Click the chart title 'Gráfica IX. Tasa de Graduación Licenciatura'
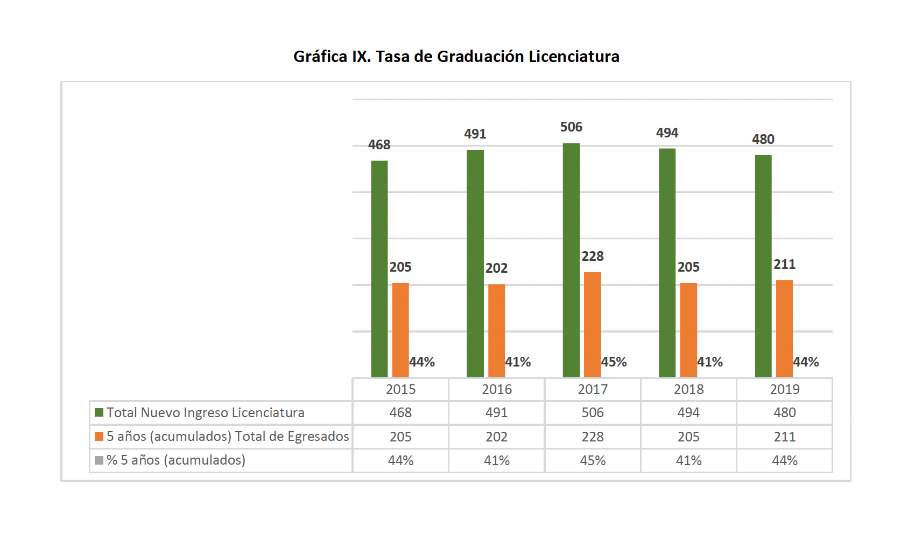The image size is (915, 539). coord(456,57)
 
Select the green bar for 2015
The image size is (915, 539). coord(379,269)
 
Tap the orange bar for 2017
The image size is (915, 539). coord(593,324)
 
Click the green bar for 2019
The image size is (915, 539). coord(763,267)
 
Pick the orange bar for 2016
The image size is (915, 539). coord(496,330)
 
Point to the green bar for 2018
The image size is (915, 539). coord(667,263)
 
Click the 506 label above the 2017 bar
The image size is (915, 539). coord(571,127)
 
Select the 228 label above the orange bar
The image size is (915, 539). coord(593,257)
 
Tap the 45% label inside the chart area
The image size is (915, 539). coord(614,362)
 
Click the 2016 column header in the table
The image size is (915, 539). coord(497,389)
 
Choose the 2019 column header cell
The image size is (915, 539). coord(785,389)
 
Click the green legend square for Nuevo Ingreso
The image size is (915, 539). coord(99,412)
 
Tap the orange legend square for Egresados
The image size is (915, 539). coord(99,436)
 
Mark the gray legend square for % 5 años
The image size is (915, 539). coord(99,460)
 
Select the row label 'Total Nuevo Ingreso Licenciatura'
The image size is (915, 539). coord(206,413)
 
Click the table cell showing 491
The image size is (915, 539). coord(497,413)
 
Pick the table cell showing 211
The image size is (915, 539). coord(785,437)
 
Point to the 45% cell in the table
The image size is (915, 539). coord(593,461)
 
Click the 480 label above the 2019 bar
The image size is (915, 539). coord(763,140)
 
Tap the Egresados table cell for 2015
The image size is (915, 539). coord(401,437)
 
